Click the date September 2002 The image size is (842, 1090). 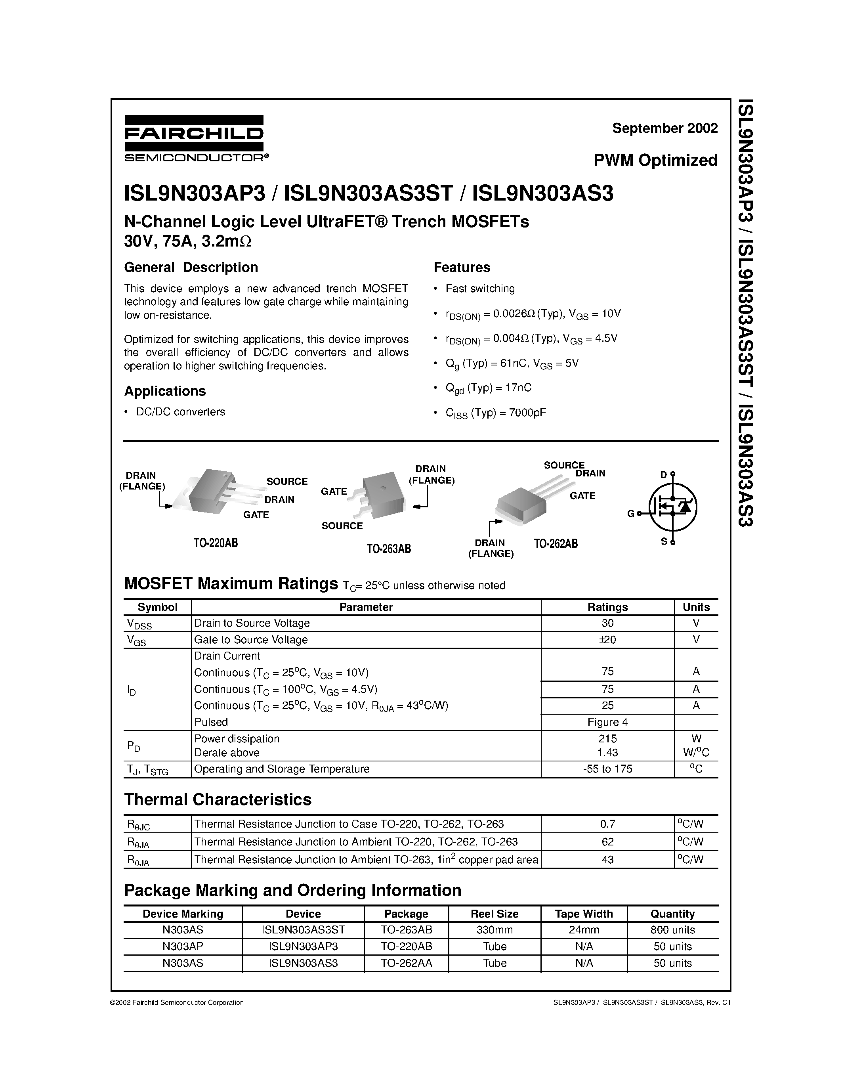pyautogui.click(x=664, y=128)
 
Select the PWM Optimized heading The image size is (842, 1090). pyautogui.click(x=655, y=160)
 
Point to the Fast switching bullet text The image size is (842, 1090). pyautogui.click(x=480, y=289)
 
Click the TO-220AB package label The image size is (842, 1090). pyautogui.click(x=216, y=543)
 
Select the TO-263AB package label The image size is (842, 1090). pyautogui.click(x=389, y=549)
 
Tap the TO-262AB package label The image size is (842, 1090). pyautogui.click(x=555, y=543)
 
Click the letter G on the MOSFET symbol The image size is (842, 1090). pyautogui.click(x=630, y=514)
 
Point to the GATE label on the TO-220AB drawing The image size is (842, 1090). pyautogui.click(x=256, y=514)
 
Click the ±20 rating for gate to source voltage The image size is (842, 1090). pyautogui.click(x=607, y=639)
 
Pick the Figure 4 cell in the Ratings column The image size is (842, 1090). pyautogui.click(x=607, y=722)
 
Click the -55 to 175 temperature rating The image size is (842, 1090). pyautogui.click(x=607, y=769)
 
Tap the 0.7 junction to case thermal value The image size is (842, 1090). pyautogui.click(x=607, y=824)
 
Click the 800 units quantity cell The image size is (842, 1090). pyautogui.click(x=672, y=929)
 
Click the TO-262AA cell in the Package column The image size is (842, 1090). pyautogui.click(x=406, y=963)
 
